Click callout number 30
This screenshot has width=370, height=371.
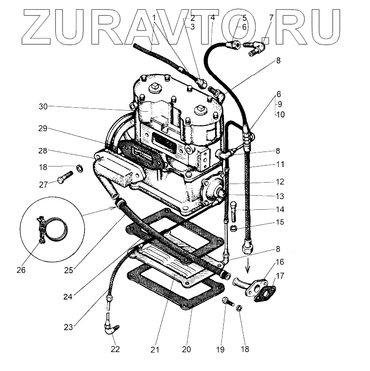click(x=43, y=106)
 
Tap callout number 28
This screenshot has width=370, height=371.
click(x=43, y=152)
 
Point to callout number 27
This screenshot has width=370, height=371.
click(x=43, y=184)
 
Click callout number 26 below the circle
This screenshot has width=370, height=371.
click(x=21, y=270)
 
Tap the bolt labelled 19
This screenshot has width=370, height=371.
click(x=227, y=303)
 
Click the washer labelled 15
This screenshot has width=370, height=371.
click(x=234, y=227)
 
